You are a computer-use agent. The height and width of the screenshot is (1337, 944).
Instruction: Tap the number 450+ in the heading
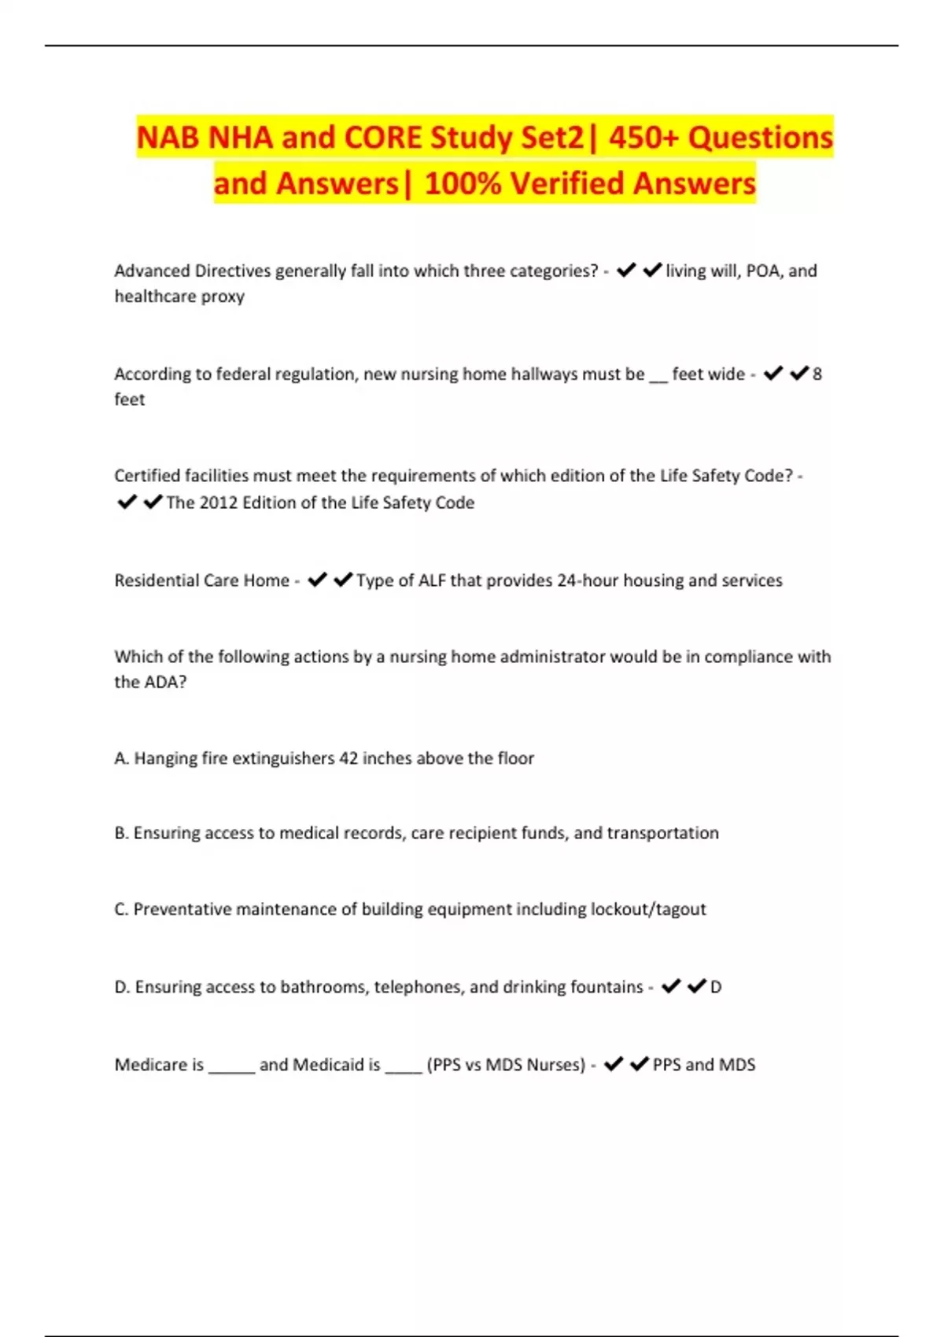[643, 138]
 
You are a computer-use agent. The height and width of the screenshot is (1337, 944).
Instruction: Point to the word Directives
[232, 271]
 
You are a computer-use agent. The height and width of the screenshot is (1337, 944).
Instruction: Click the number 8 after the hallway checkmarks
[817, 374]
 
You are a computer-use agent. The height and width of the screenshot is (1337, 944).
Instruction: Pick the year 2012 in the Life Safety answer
[218, 503]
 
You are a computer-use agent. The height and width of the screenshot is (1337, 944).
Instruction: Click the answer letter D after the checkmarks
[716, 987]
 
